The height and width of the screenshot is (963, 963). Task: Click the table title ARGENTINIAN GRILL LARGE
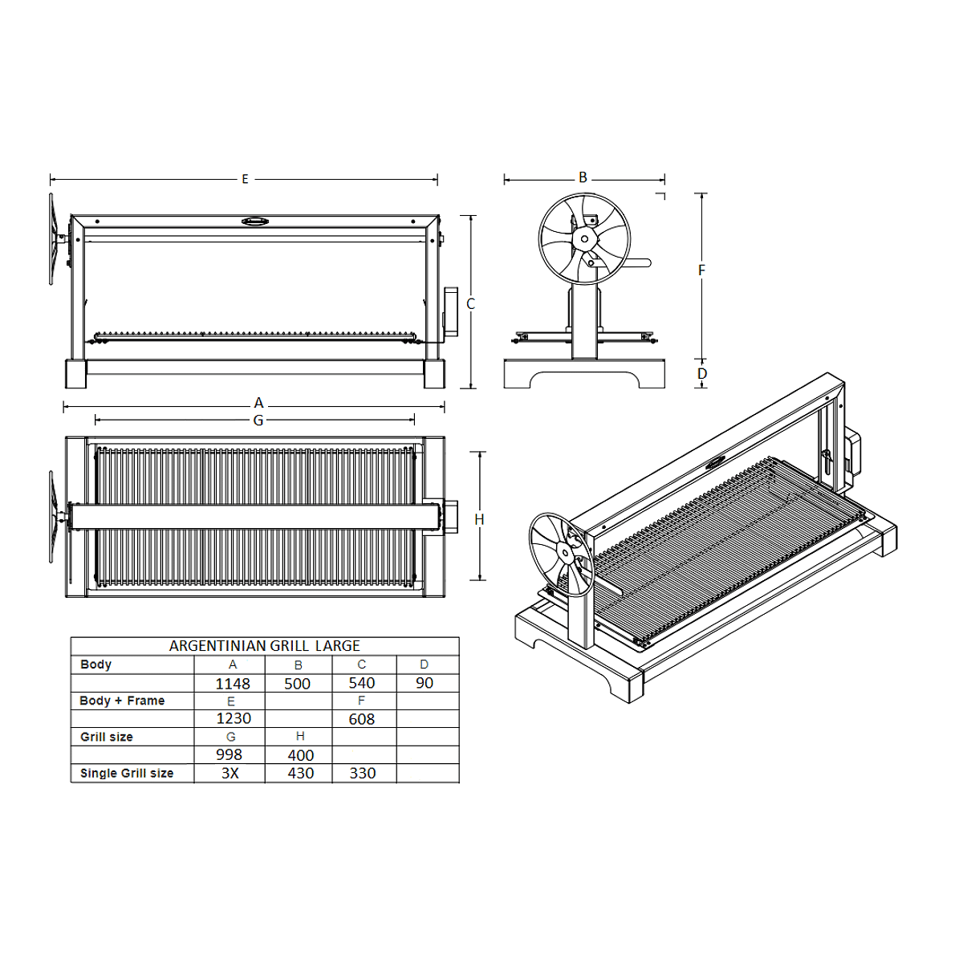coord(264,646)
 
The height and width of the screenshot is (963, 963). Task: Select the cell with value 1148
coord(233,683)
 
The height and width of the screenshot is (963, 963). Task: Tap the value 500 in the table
coord(298,683)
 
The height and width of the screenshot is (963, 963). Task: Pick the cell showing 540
coord(362,683)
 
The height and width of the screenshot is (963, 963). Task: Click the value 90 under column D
coord(425,683)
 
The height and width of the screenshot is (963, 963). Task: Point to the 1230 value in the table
coord(234,718)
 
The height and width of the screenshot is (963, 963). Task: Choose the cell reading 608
coord(362,718)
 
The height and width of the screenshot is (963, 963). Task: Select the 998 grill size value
coord(229,754)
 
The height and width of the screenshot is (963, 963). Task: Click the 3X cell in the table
coord(230,773)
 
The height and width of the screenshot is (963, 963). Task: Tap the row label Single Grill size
coord(127,773)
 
